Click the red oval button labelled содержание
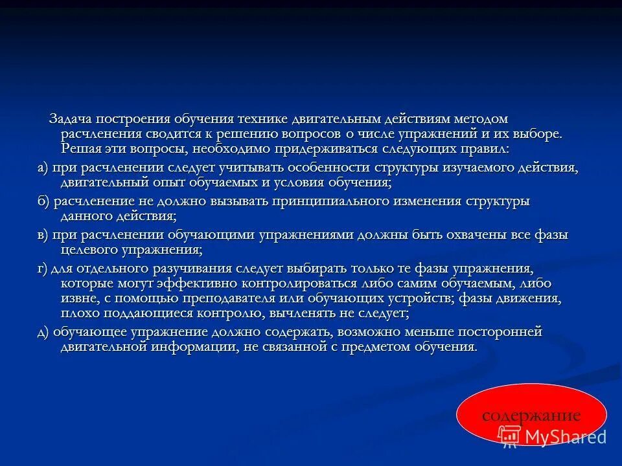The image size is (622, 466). point(531,414)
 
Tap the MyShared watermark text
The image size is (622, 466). point(565,438)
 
